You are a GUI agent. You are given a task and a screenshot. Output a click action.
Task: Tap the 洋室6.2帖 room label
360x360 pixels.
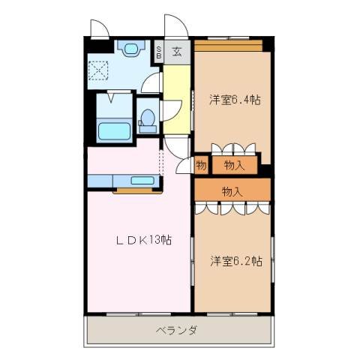click(235, 261)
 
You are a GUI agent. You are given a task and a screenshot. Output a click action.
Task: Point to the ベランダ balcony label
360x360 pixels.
click(177, 331)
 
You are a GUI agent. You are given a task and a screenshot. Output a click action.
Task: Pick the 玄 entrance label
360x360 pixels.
click(177, 52)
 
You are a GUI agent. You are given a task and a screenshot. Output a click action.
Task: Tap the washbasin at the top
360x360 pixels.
click(132, 49)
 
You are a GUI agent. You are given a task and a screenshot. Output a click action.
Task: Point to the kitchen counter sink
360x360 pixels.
click(141, 181)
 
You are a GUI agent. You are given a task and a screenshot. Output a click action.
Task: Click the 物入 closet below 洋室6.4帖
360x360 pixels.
click(234, 164)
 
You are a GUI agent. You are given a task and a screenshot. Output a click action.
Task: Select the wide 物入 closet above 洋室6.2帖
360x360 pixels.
click(232, 191)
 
